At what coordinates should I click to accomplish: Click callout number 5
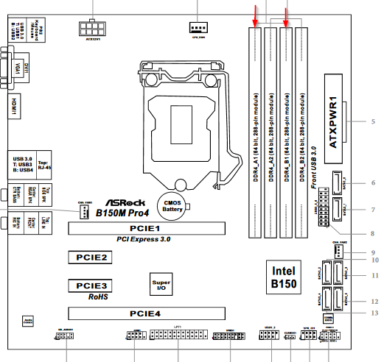374,121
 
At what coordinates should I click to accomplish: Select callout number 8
374,233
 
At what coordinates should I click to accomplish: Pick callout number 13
374,313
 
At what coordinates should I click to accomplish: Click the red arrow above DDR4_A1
255,13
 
